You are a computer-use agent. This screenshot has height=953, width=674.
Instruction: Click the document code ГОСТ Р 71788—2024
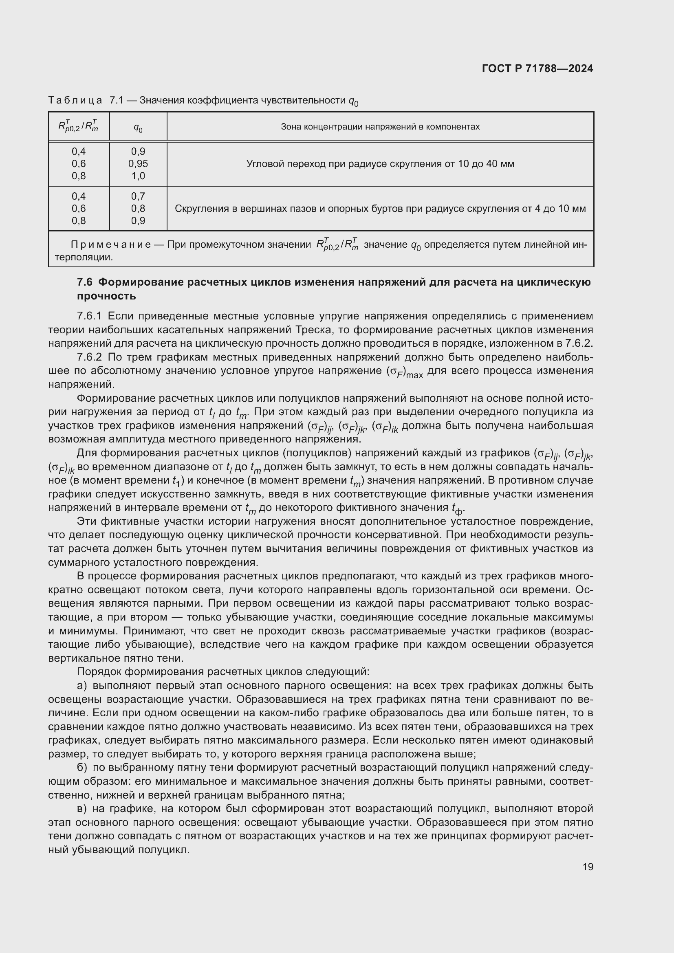(537, 68)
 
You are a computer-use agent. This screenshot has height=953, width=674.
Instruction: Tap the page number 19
(588, 867)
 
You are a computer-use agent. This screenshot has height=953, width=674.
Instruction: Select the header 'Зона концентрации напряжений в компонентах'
(380, 127)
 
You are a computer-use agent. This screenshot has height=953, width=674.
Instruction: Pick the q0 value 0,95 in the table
(138, 163)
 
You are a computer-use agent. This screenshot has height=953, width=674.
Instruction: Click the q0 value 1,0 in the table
(138, 176)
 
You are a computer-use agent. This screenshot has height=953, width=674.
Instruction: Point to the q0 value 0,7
(138, 196)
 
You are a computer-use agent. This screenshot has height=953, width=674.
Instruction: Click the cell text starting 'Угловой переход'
(380, 164)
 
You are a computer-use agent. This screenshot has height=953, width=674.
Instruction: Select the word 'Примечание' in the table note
(111, 244)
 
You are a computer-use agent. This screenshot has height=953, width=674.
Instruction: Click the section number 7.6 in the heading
(84, 282)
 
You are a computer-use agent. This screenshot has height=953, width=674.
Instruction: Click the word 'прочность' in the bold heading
(107, 296)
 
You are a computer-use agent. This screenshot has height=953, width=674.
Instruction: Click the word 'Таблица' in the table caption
(75, 100)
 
